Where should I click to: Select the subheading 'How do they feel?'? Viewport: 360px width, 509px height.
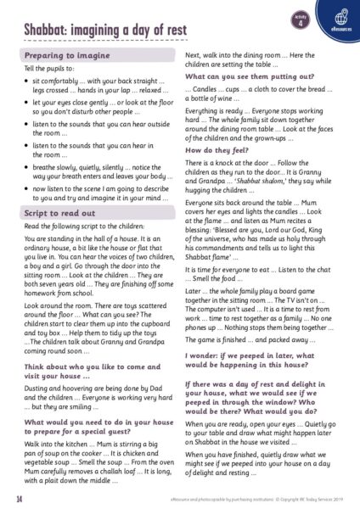click(x=217, y=149)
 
